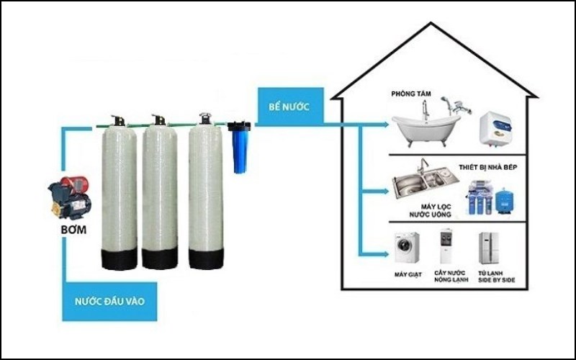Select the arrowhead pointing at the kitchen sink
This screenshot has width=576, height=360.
(382, 192)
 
